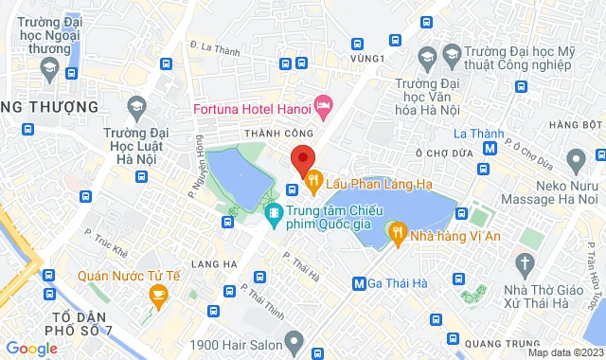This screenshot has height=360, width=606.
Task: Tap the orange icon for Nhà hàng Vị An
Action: (398, 230)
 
